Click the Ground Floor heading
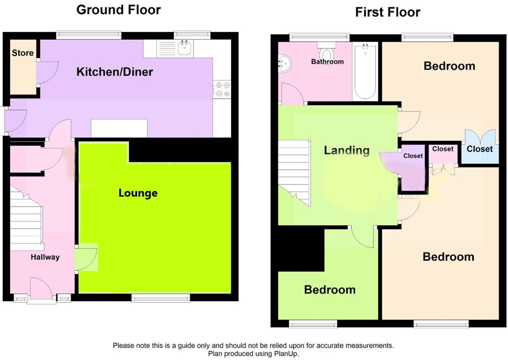point(119,10)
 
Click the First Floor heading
point(387,12)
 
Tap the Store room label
point(23,53)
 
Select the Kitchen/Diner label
point(115,72)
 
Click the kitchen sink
point(185,47)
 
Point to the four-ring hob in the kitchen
point(222,89)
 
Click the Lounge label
point(138,193)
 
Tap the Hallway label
point(45,257)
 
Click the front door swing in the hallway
point(41,288)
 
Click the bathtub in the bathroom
point(365,71)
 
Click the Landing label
point(346,150)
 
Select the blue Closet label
point(479,149)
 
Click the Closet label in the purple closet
point(413,156)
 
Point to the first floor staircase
point(294,172)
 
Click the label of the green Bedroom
point(330,290)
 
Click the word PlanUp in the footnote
point(285,353)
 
